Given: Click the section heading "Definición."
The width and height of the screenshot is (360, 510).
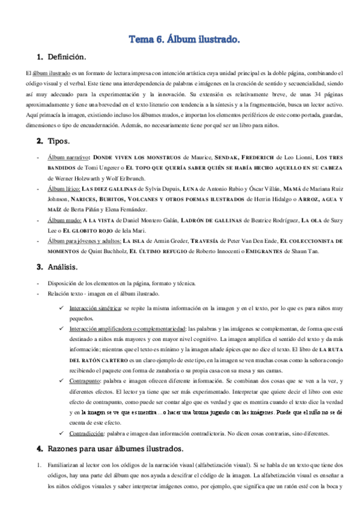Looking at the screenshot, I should [x=66, y=57].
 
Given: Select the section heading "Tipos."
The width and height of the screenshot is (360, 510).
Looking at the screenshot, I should [x=58, y=141].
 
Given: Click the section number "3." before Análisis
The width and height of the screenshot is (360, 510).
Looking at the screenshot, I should [x=40, y=266].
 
